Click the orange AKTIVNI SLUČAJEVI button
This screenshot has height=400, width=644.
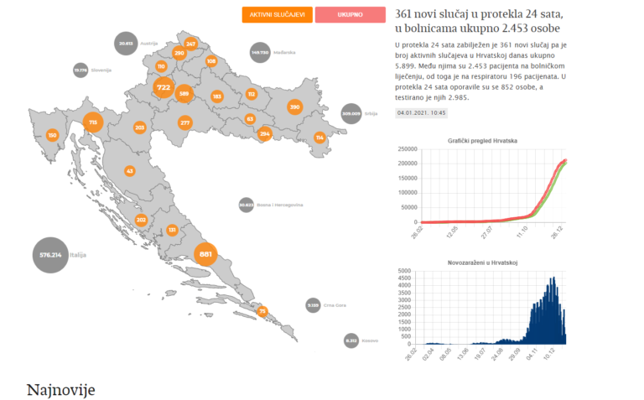[277, 15]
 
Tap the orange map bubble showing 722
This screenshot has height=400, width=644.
[164, 87]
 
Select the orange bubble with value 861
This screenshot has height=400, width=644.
[205, 253]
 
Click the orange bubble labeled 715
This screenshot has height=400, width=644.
[93, 123]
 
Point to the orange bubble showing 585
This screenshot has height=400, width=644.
[184, 95]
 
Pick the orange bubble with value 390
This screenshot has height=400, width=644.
[294, 107]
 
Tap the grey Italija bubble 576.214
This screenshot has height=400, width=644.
[51, 254]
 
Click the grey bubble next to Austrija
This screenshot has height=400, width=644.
[126, 43]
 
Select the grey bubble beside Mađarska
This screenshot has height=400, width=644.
[260, 53]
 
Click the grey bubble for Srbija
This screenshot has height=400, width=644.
[351, 113]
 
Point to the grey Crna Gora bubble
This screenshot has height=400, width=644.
[313, 305]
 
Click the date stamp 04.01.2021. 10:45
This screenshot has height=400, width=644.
[423, 112]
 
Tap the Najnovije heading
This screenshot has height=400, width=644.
[61, 389]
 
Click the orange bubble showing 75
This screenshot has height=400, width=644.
[262, 312]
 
